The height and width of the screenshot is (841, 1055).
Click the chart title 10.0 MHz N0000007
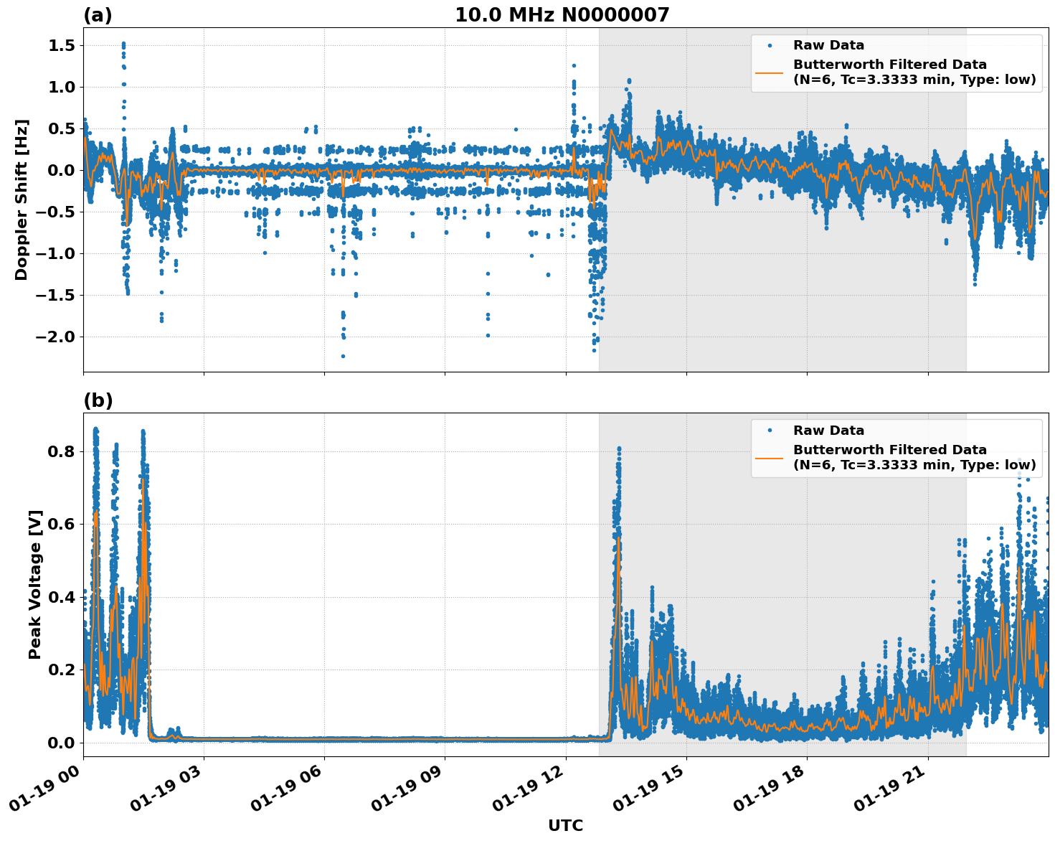point(562,15)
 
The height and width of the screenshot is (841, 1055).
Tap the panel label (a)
point(98,15)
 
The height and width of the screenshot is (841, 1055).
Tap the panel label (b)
point(98,400)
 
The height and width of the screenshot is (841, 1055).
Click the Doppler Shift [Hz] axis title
point(22,199)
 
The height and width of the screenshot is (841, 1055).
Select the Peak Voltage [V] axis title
point(35,584)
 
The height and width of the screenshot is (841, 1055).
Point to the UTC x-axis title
point(565,825)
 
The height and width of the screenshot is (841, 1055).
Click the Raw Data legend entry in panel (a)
point(828,45)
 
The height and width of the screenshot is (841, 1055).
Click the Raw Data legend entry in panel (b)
point(828,431)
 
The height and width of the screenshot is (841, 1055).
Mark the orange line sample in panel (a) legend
point(770,72)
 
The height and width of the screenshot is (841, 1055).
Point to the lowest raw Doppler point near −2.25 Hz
point(343,356)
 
